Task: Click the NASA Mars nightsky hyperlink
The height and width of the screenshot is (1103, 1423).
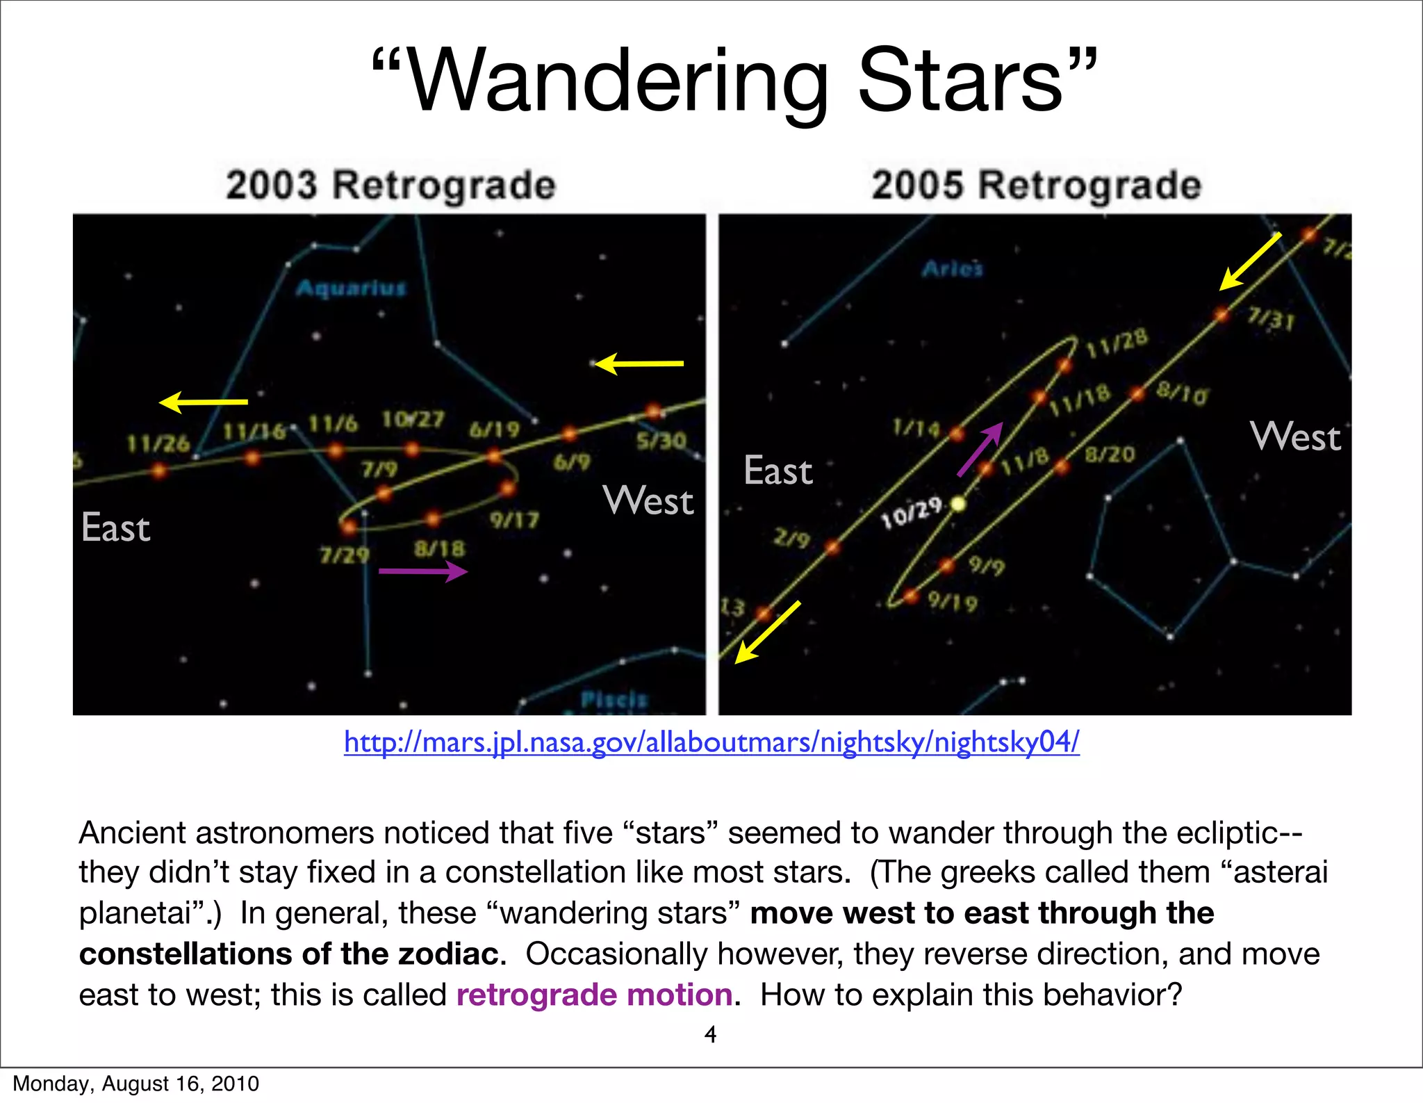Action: point(711,742)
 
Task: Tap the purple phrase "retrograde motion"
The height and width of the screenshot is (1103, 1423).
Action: point(594,995)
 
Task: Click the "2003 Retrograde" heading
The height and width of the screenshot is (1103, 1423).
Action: point(390,186)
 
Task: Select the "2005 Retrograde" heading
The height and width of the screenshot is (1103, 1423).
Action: point(1036,186)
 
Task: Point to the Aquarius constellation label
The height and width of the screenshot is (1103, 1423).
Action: point(351,288)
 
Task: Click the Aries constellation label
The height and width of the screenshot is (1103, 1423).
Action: point(953,269)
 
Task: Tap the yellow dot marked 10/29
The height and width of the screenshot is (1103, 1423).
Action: point(958,504)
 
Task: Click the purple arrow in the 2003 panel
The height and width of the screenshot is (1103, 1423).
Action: point(422,572)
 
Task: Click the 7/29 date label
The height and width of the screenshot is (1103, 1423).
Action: point(345,556)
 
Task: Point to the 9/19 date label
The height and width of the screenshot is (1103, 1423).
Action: point(953,602)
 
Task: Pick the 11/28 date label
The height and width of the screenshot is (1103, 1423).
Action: point(1117,343)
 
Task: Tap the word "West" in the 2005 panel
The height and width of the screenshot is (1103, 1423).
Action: point(1295,437)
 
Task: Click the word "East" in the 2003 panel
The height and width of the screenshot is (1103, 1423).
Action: point(115,528)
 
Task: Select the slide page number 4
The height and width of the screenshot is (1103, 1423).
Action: point(710,1034)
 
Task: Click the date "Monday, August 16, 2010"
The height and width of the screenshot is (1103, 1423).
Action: point(136,1084)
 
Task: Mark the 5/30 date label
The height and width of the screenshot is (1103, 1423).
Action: point(661,441)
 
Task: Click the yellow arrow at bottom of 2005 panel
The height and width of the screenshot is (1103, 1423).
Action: point(767,632)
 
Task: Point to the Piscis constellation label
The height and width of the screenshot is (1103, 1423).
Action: point(614,698)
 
